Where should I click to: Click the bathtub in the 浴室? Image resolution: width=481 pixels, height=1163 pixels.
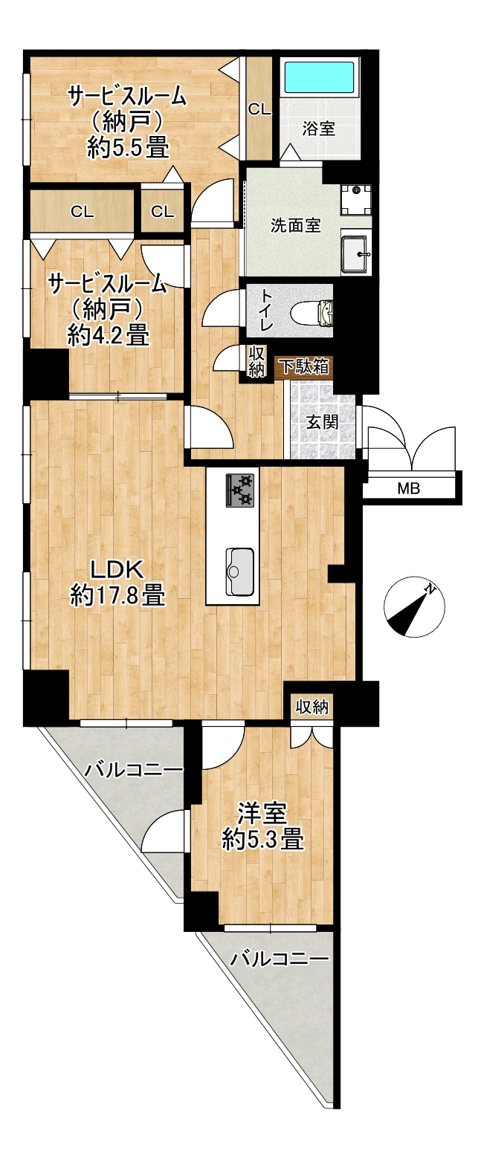(x=320, y=78)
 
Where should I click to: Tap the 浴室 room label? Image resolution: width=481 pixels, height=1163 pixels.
(x=319, y=129)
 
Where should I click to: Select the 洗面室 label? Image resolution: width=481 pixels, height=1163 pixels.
(x=296, y=225)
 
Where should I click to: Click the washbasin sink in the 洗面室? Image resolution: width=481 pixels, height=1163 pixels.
(x=355, y=253)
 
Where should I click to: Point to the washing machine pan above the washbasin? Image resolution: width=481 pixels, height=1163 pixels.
(x=356, y=199)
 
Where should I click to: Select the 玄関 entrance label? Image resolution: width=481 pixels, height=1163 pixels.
(x=322, y=421)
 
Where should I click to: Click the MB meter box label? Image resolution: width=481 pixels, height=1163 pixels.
(x=408, y=488)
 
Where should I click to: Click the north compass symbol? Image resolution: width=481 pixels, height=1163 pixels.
(x=414, y=606)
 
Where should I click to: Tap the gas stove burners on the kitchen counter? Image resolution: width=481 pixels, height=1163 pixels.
(x=241, y=490)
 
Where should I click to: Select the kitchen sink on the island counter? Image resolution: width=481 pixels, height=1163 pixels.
(x=239, y=572)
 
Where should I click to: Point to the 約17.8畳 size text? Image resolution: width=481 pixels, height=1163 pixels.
(x=118, y=595)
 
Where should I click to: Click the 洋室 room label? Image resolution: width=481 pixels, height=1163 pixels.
(x=263, y=814)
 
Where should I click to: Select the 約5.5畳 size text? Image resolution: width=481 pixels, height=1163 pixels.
(x=129, y=148)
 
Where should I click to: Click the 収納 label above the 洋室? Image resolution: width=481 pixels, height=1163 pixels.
(x=312, y=707)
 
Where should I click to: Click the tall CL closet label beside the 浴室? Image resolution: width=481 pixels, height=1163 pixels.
(x=259, y=109)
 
